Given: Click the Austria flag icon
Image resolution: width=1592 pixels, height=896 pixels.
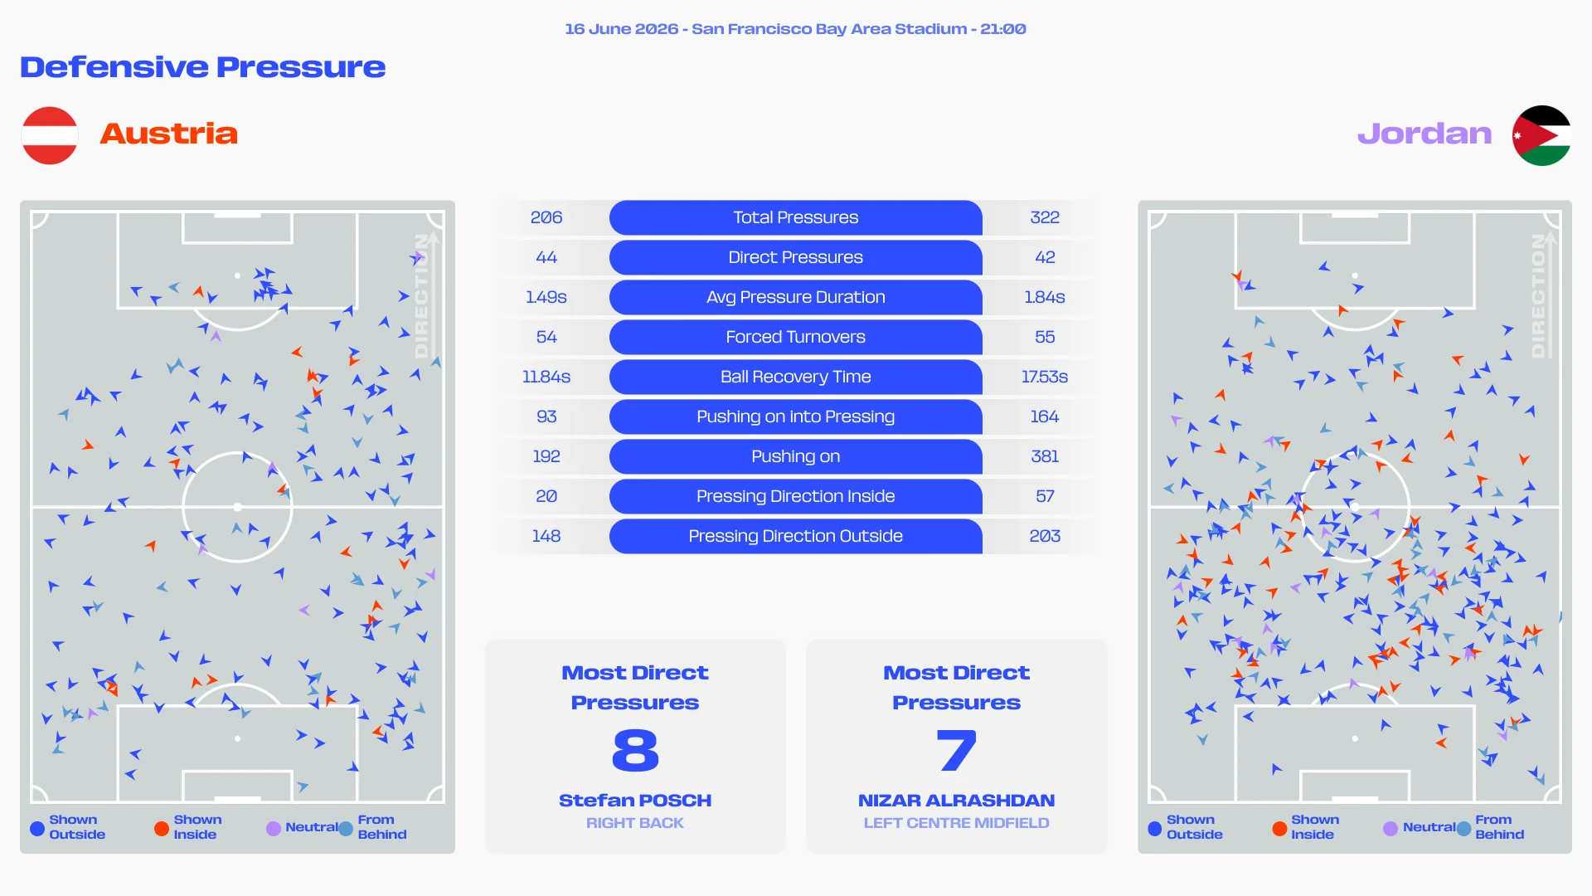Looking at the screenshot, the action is [50, 135].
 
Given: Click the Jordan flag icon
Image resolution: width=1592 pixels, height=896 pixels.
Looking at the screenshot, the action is [1541, 135].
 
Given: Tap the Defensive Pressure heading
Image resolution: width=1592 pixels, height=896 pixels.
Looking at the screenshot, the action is [203, 67].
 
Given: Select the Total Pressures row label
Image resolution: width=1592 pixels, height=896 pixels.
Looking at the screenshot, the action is [795, 217].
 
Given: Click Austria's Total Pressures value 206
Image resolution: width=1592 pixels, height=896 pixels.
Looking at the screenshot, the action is [546, 217].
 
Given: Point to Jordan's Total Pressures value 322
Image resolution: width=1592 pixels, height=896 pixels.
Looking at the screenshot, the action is [1045, 217].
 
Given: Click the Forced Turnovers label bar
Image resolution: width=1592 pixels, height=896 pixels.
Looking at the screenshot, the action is [795, 337].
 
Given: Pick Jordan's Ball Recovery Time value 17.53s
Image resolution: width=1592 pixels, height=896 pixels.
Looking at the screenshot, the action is [1045, 377].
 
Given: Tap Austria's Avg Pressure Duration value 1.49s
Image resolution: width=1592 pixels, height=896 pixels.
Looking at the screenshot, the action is [546, 297].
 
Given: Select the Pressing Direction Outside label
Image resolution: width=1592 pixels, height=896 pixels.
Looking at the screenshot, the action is [795, 536].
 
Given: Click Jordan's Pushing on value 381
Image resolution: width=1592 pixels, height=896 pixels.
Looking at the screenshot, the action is [1045, 456].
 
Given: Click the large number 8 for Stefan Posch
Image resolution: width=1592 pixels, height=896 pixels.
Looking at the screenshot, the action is [635, 750].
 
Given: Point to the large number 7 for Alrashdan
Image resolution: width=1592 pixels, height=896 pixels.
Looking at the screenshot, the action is [956, 750].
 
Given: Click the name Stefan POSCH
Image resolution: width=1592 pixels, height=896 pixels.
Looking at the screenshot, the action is [635, 801].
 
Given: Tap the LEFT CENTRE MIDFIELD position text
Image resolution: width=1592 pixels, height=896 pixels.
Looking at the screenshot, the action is [956, 823].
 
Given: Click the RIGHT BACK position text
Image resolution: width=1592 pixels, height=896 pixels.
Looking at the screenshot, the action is [635, 823].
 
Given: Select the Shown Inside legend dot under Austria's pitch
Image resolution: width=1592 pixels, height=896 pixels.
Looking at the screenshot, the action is [162, 828].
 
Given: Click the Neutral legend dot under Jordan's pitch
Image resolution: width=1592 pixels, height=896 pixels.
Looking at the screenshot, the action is [1391, 828].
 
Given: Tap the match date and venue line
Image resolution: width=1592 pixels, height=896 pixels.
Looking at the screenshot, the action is [795, 29].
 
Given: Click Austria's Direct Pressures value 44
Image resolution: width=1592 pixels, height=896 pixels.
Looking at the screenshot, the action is [546, 257].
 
